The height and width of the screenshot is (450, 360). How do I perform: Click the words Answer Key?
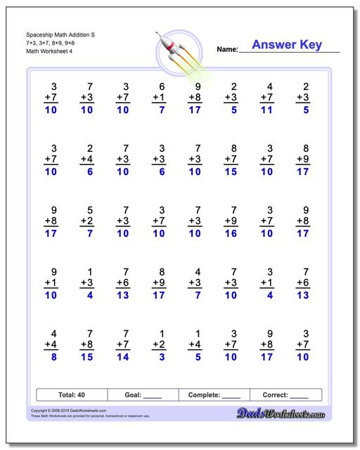(286, 46)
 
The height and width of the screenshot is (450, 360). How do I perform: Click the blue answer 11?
(266, 110)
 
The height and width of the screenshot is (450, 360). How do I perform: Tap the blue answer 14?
(123, 356)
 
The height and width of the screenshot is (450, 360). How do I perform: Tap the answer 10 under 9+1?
(50, 295)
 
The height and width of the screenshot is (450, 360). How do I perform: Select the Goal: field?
(143, 395)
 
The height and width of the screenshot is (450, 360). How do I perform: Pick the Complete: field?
(214, 395)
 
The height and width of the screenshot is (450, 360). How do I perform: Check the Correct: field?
(285, 395)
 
